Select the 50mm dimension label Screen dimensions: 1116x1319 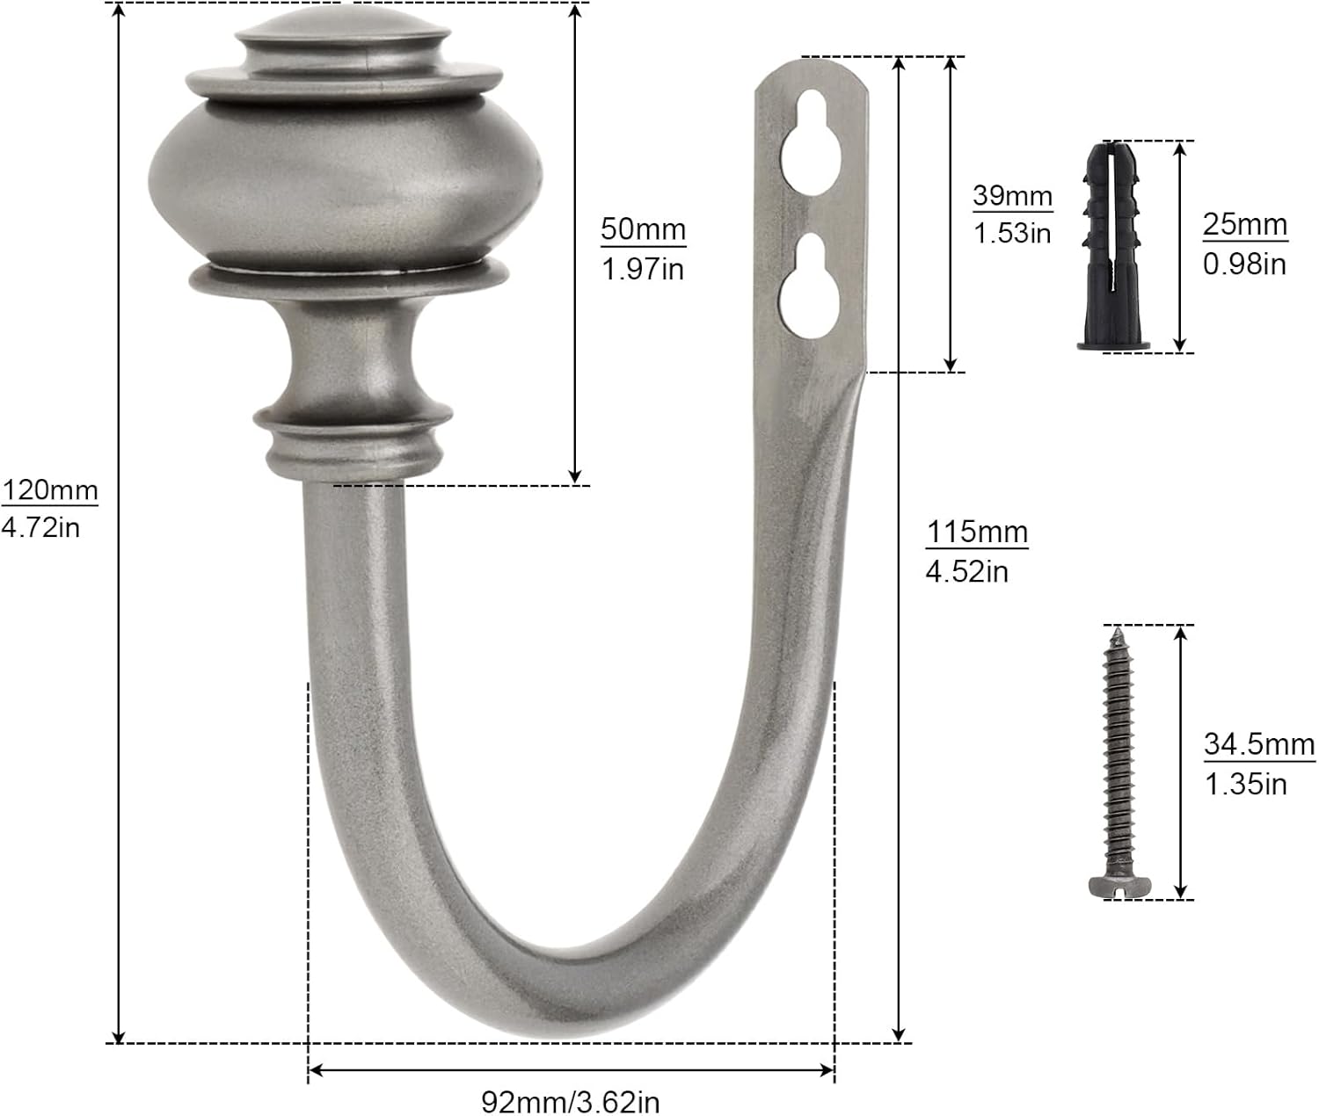pos(643,229)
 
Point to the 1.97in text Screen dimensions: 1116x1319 pos(642,269)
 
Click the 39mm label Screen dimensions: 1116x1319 pos(1012,195)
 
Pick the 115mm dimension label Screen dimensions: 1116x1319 pos(976,532)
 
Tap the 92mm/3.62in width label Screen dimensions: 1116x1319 pos(571,1101)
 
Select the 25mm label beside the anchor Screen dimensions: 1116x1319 pos(1244,224)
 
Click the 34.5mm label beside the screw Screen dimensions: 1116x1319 pos(1259,744)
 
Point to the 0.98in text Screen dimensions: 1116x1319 pos(1244,264)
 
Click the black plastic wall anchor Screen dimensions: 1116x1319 pos(1113,246)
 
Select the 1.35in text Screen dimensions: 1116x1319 pos(1245,784)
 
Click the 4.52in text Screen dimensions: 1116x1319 pos(966,571)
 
